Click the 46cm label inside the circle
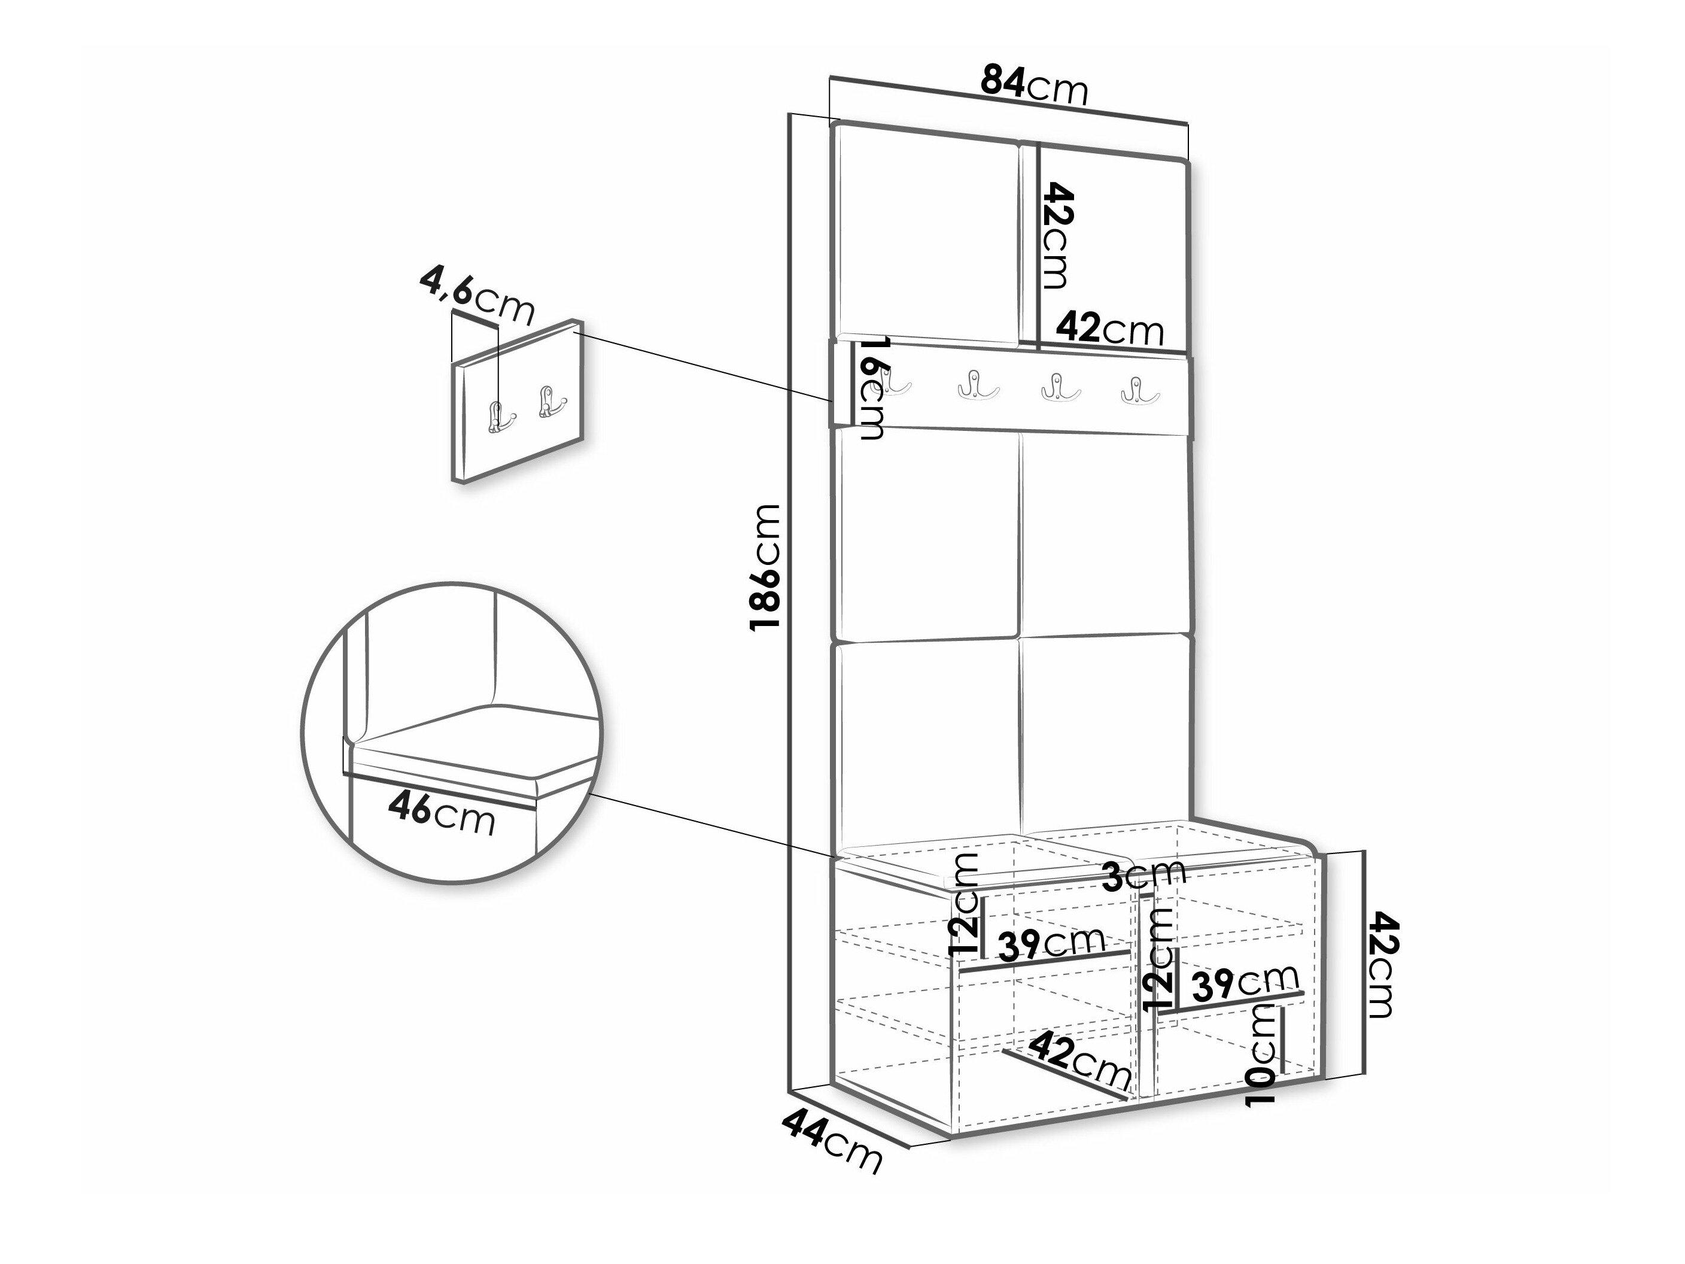point(441,813)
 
